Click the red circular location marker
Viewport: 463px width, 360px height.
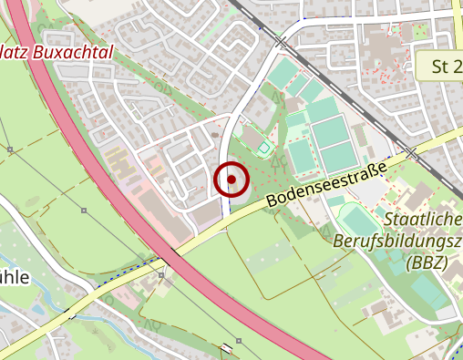[x=231, y=180]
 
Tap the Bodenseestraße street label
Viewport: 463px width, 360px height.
[x=326, y=182]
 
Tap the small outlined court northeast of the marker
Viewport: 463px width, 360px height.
[x=263, y=148]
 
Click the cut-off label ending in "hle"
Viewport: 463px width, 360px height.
[x=15, y=277]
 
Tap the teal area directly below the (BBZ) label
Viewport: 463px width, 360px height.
[x=428, y=292]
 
